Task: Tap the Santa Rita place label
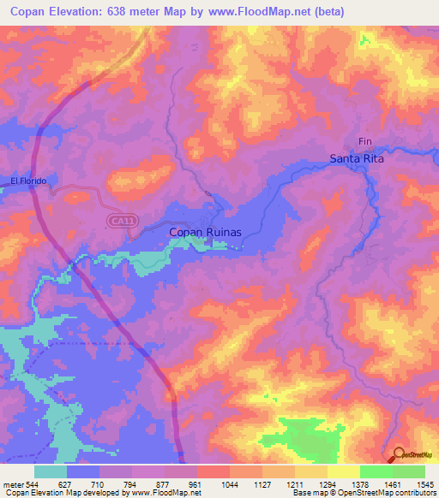[358, 159]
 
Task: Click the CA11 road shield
[123, 221]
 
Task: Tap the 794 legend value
[131, 483]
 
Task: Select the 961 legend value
[196, 483]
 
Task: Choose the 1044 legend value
[229, 483]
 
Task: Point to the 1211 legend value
[295, 483]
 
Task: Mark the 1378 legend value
[360, 483]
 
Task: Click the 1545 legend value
[425, 483]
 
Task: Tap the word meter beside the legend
[13, 483]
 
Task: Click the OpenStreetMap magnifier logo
[399, 455]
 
